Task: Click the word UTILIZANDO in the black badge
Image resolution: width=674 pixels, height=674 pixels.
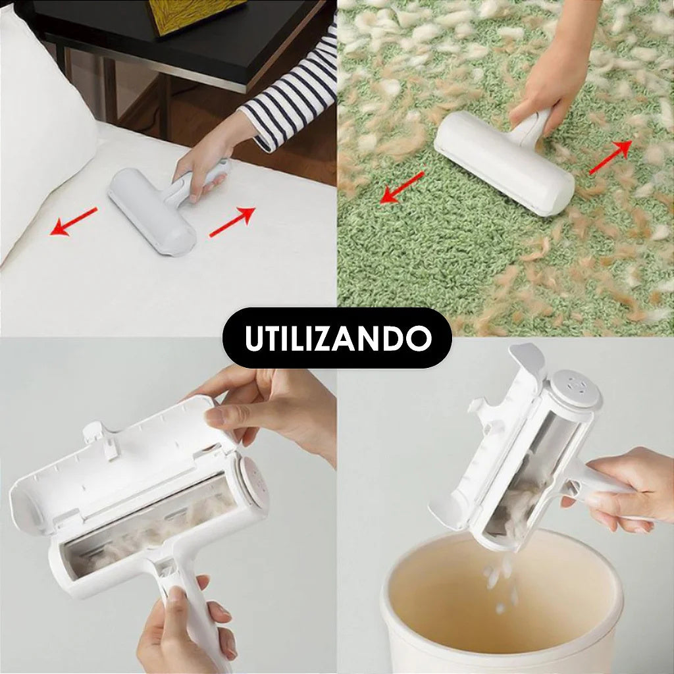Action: pos(337,338)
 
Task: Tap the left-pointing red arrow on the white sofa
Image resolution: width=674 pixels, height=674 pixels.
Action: pos(74,221)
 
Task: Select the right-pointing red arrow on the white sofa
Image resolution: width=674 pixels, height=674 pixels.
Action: pos(232,221)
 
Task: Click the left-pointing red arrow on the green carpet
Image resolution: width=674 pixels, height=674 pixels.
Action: pos(402,188)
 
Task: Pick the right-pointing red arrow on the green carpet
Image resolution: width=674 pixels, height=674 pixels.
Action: pos(610,159)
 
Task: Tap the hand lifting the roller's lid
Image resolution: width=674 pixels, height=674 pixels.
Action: pos(276,408)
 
